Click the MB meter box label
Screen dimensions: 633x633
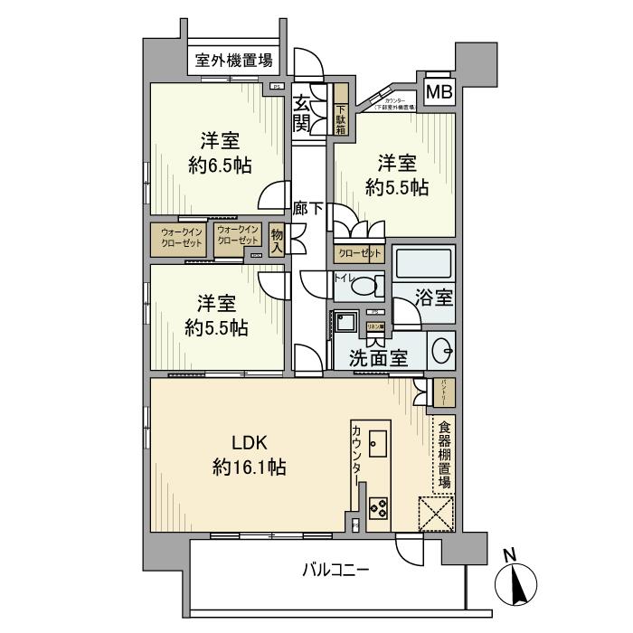point(439,92)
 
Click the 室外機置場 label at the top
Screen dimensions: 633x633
point(234,62)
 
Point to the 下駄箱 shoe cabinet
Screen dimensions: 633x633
point(341,109)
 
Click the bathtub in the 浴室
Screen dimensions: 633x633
point(423,263)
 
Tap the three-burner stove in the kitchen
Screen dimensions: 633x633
point(377,509)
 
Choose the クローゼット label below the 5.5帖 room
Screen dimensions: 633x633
point(357,255)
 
